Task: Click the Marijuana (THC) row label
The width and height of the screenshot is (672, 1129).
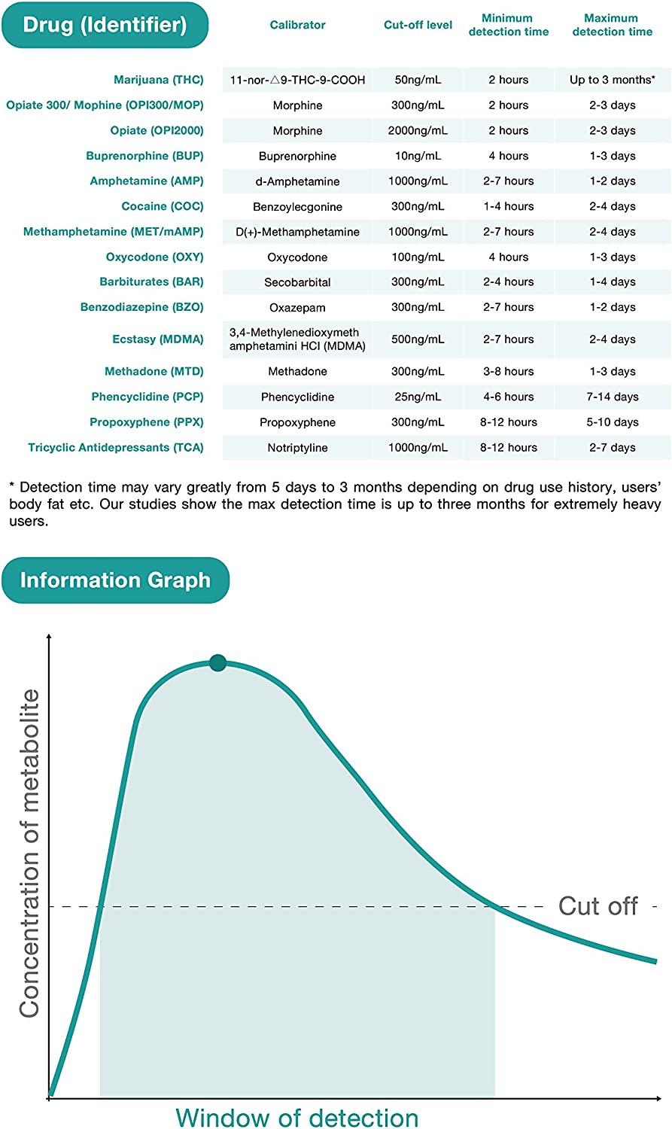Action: pyautogui.click(x=158, y=80)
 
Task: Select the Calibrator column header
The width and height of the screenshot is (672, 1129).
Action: pyautogui.click(x=297, y=25)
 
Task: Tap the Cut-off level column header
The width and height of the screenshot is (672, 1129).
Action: pyautogui.click(x=418, y=25)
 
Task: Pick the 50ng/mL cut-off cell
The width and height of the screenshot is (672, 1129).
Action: pyautogui.click(x=418, y=80)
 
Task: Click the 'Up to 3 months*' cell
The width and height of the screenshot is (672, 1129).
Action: pyautogui.click(x=612, y=80)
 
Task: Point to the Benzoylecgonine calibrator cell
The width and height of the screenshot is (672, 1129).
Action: pyautogui.click(x=297, y=207)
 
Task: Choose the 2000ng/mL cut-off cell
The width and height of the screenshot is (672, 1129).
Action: pyautogui.click(x=418, y=131)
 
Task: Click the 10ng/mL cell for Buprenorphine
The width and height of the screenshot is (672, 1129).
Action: pyautogui.click(x=418, y=156)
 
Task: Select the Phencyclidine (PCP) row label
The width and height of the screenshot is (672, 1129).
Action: pyautogui.click(x=147, y=397)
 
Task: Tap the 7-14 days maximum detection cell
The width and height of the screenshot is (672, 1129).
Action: pyautogui.click(x=612, y=397)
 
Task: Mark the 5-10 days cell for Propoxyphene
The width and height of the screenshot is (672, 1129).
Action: pyautogui.click(x=612, y=422)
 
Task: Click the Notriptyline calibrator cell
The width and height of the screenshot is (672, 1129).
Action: pyautogui.click(x=297, y=448)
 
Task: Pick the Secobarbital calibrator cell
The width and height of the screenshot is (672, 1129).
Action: pyautogui.click(x=297, y=282)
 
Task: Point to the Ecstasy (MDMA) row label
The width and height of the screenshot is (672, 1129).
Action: pyautogui.click(x=157, y=339)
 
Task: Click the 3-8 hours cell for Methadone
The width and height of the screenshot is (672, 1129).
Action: pyautogui.click(x=508, y=372)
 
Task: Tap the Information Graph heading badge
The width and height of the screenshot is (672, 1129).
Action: pyautogui.click(x=115, y=580)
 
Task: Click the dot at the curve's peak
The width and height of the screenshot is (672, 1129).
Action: pyautogui.click(x=217, y=663)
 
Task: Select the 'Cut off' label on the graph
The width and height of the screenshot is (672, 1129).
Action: pyautogui.click(x=598, y=906)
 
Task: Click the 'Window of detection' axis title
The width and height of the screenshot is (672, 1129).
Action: pyautogui.click(x=296, y=1117)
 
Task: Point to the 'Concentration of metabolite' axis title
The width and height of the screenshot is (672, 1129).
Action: pyautogui.click(x=29, y=854)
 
